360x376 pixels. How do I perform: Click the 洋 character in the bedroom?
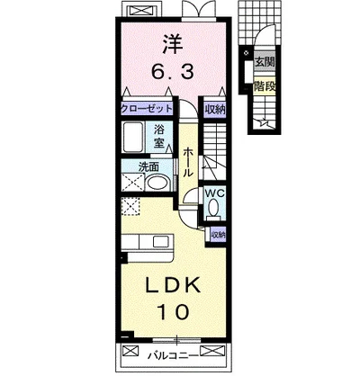[x=173, y=45]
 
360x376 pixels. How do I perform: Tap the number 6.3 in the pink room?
[x=173, y=72]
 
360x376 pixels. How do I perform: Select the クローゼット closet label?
[x=147, y=109]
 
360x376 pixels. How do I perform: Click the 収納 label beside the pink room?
[x=215, y=109]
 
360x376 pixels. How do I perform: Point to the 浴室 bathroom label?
[x=159, y=137]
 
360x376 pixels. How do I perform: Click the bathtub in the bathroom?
[x=134, y=137]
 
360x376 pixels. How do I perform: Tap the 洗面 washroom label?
[x=148, y=167]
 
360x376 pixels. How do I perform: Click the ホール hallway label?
[x=188, y=162]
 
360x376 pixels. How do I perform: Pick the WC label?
[x=214, y=193]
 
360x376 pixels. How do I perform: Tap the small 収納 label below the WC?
[x=218, y=235]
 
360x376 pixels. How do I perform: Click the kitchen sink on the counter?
[x=162, y=241]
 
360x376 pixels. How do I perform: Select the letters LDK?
[x=173, y=285]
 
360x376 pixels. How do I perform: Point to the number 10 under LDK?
[x=174, y=312]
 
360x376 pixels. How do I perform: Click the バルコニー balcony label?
[x=174, y=355]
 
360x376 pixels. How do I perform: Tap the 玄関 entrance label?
[x=265, y=62]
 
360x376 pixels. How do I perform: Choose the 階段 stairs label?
[x=265, y=86]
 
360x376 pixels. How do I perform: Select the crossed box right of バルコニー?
[x=212, y=350]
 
